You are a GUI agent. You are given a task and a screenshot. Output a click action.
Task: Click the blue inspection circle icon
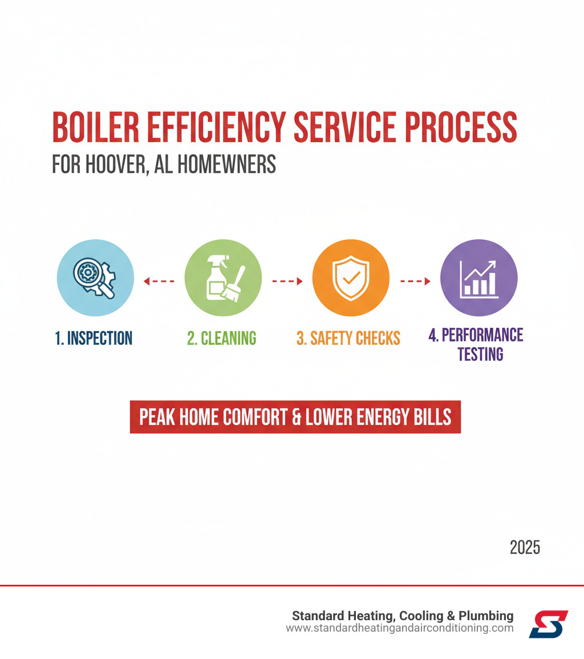click(95, 278)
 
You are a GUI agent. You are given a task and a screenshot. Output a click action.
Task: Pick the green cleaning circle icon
click(223, 278)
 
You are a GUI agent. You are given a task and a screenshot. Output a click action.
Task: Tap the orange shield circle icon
click(351, 278)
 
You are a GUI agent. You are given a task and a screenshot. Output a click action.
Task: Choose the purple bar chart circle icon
click(479, 278)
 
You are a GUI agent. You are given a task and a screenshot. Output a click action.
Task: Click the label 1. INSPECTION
click(94, 338)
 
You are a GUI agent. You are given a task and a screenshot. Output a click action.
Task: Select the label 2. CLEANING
click(222, 338)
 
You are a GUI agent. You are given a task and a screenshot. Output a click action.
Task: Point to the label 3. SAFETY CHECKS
click(348, 338)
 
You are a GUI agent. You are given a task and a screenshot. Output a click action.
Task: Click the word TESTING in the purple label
click(480, 355)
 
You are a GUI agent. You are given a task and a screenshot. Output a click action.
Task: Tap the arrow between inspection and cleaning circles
click(159, 281)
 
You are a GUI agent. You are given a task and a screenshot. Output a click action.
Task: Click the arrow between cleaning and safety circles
click(287, 281)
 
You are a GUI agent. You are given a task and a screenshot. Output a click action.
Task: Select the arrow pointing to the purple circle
click(415, 281)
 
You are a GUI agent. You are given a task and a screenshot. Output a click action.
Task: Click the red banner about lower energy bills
click(295, 417)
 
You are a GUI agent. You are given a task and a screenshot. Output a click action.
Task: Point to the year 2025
click(525, 548)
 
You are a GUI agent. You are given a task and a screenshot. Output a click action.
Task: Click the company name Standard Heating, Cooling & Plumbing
click(403, 616)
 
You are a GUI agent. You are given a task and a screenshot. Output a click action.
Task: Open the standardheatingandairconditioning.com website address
click(399, 628)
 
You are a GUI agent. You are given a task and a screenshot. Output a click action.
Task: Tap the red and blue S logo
click(548, 624)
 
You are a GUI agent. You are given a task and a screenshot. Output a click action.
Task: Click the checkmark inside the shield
click(351, 279)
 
